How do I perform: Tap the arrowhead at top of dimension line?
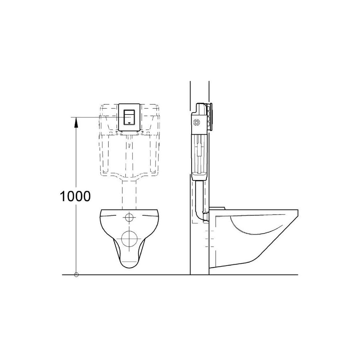coord(76,122)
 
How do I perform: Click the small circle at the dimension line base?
coord(76,275)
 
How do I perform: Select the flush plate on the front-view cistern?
coord(129,117)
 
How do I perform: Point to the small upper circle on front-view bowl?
coord(129,217)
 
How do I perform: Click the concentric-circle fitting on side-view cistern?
coord(196,122)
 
